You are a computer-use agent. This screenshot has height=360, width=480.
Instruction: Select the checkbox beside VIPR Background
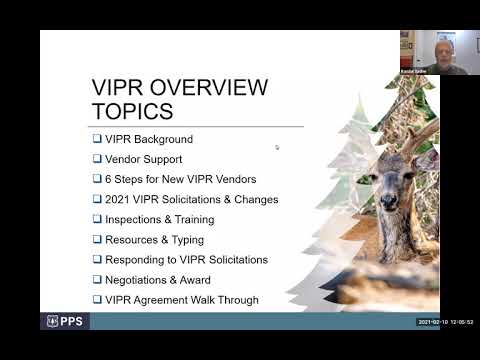[x=97, y=139]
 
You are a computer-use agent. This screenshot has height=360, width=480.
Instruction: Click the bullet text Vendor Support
[x=144, y=159]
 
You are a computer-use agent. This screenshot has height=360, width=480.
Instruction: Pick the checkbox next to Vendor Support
[x=97, y=159]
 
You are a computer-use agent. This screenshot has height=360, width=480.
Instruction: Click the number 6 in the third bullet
[x=109, y=179]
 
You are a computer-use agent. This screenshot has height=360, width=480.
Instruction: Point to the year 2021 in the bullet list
[x=119, y=199]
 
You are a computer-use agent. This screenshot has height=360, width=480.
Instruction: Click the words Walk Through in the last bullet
[x=228, y=300]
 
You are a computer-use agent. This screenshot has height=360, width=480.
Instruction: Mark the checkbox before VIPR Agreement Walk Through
[x=97, y=300]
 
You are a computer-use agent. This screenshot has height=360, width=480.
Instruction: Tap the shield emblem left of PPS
[x=53, y=322]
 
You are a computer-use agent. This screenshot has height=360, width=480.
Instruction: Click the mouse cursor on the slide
[x=277, y=147]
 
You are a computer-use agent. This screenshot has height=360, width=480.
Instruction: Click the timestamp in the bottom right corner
[x=445, y=322]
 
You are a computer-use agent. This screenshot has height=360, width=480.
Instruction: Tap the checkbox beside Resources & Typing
[x=97, y=240]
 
